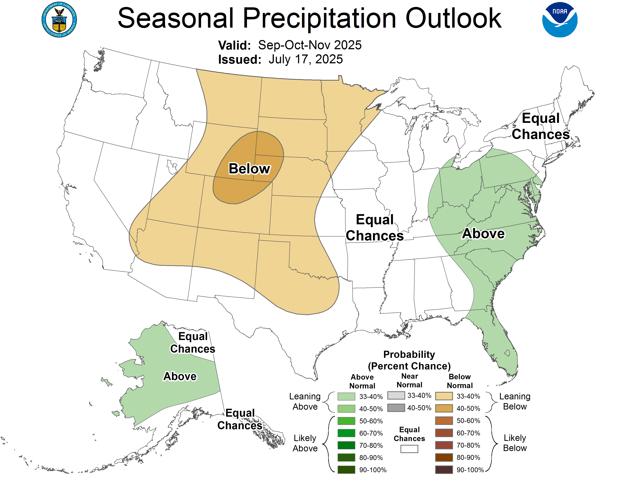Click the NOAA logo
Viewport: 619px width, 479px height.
click(x=560, y=20)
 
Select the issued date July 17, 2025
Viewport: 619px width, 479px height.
click(x=306, y=59)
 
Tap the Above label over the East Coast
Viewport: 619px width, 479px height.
click(x=483, y=233)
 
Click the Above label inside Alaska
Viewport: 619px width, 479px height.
click(x=180, y=376)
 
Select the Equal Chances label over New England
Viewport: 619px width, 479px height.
click(x=540, y=126)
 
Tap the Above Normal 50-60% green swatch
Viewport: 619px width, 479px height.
click(x=346, y=421)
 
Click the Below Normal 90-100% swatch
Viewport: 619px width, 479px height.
click(x=444, y=470)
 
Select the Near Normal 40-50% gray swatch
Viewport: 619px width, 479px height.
click(x=396, y=408)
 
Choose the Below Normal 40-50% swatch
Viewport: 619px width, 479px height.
click(x=444, y=408)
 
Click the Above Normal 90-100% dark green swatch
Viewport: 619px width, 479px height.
click(x=346, y=470)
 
